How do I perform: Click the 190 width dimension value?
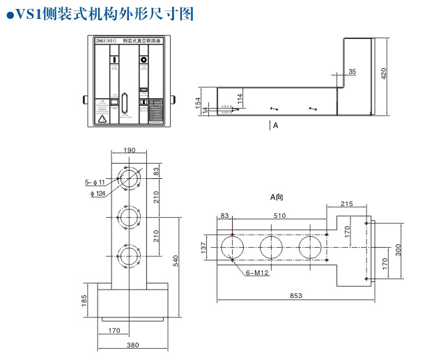pos(129,150)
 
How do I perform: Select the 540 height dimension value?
pos(176,260)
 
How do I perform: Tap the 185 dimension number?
pos(84,300)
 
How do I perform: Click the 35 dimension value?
pos(352,71)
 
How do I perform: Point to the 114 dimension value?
pos(240,99)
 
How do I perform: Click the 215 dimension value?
pos(346,203)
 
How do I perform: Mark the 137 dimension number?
pos(203,246)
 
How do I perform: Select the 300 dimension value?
pos(399,250)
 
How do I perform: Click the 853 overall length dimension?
pos(295,295)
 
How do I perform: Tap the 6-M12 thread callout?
pos(258,273)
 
